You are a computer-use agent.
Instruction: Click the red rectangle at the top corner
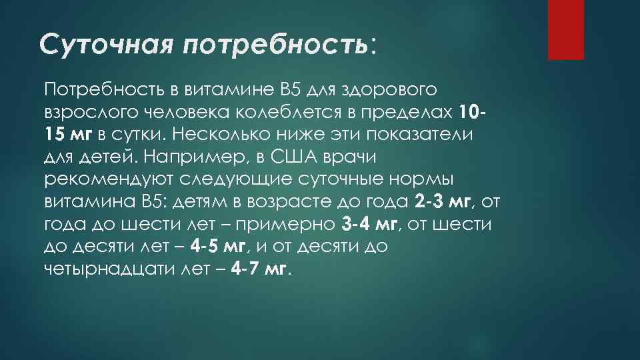[565, 29]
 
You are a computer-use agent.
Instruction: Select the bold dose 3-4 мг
[370, 224]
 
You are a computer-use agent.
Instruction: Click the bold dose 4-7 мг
[261, 269]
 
